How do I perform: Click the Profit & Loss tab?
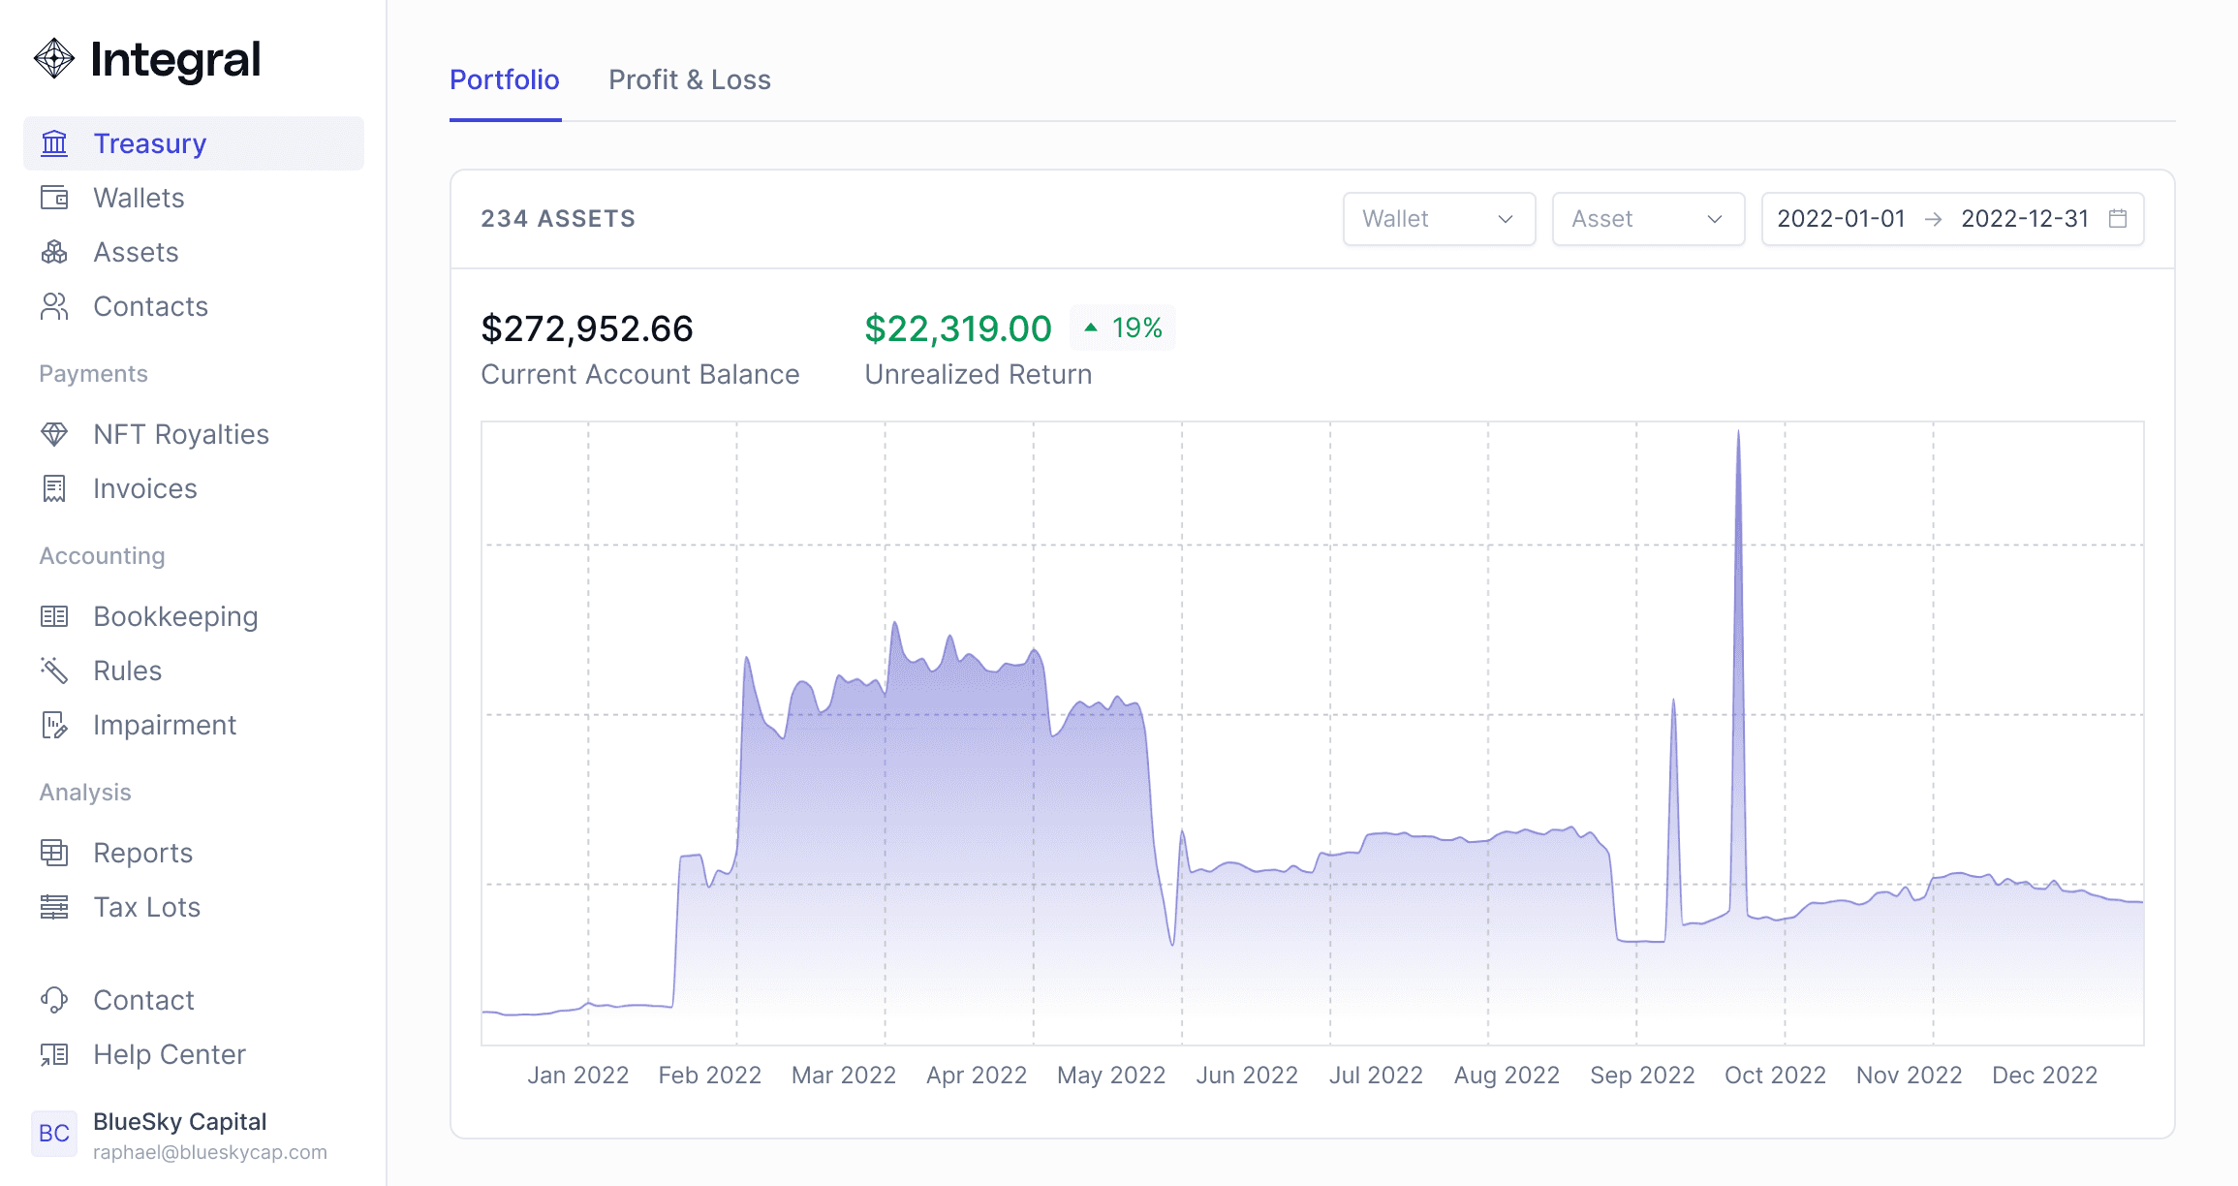[690, 79]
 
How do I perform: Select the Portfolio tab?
[505, 79]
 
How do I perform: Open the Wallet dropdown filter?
[1439, 219]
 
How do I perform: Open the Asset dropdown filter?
[1648, 219]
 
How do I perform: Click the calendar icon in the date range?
[2118, 219]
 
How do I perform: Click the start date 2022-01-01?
[1841, 219]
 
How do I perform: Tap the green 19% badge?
[1123, 328]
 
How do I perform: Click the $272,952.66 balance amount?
[587, 328]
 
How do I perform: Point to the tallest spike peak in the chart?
[1738, 430]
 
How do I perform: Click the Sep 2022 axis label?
[1642, 1076]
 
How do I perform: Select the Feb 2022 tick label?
[710, 1076]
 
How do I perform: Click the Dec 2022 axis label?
[2044, 1076]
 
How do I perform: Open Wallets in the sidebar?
[139, 198]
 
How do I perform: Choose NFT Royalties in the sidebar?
[181, 434]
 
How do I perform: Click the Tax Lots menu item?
[146, 907]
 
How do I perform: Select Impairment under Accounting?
[165, 725]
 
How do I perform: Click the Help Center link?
[170, 1054]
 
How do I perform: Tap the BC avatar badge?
[54, 1134]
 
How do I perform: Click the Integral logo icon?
[54, 59]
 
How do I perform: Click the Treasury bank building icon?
[54, 143]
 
